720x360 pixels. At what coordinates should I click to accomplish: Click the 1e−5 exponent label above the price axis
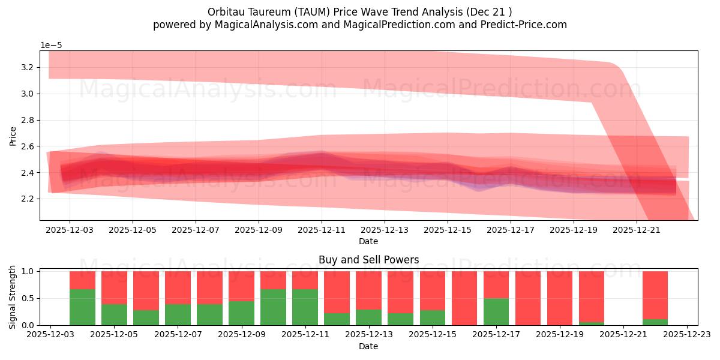(x=51, y=45)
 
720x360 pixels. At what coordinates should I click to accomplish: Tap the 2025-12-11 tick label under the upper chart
(x=322, y=229)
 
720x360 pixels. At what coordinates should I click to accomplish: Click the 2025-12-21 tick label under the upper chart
(x=637, y=229)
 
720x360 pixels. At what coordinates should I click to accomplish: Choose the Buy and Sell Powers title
(x=368, y=260)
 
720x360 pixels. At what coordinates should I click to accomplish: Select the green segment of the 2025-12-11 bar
(x=305, y=307)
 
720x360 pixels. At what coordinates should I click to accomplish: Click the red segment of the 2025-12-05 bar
(x=114, y=287)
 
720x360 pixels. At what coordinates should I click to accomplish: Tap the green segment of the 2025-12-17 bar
(x=496, y=312)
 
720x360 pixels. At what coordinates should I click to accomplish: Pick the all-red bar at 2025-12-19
(x=559, y=298)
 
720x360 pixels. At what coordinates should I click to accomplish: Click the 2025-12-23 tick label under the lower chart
(x=686, y=335)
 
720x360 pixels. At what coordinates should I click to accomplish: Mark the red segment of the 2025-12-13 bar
(x=368, y=290)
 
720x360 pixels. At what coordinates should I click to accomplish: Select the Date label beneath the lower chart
(x=368, y=346)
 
